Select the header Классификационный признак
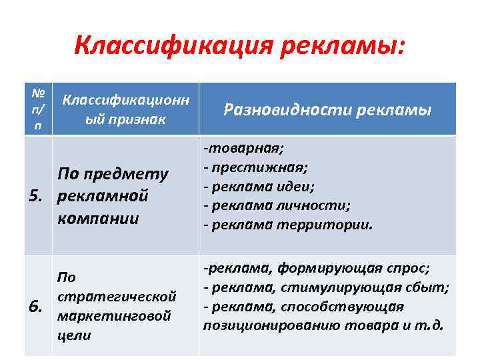click(x=126, y=109)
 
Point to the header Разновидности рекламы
click(x=327, y=110)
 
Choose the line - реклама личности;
click(x=277, y=205)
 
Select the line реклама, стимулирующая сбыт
click(x=326, y=287)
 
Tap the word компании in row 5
click(x=99, y=217)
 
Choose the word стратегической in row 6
click(x=117, y=295)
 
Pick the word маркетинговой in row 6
click(x=115, y=315)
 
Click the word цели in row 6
click(x=75, y=335)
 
